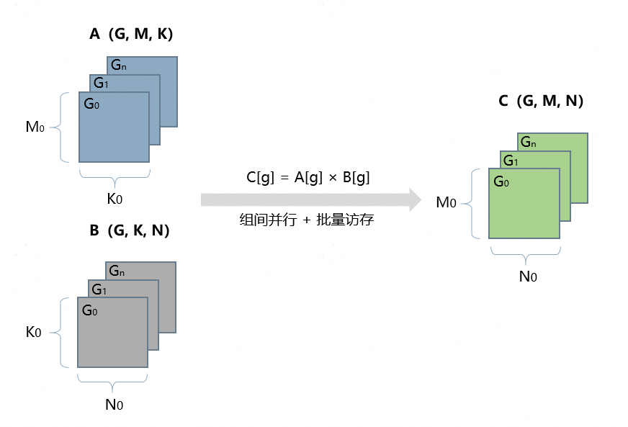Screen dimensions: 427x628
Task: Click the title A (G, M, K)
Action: [130, 34]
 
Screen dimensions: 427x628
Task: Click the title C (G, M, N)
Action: [540, 102]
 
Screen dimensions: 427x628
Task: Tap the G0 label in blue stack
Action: [91, 104]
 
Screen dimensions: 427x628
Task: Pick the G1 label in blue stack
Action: [101, 84]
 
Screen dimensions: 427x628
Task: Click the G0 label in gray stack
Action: [90, 311]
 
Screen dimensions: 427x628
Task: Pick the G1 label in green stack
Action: [511, 161]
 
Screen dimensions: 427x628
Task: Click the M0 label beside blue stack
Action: [35, 127]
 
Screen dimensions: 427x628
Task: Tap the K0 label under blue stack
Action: [115, 198]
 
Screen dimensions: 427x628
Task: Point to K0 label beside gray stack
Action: [34, 332]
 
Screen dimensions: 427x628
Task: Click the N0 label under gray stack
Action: [114, 405]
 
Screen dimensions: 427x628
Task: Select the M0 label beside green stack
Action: [446, 203]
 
